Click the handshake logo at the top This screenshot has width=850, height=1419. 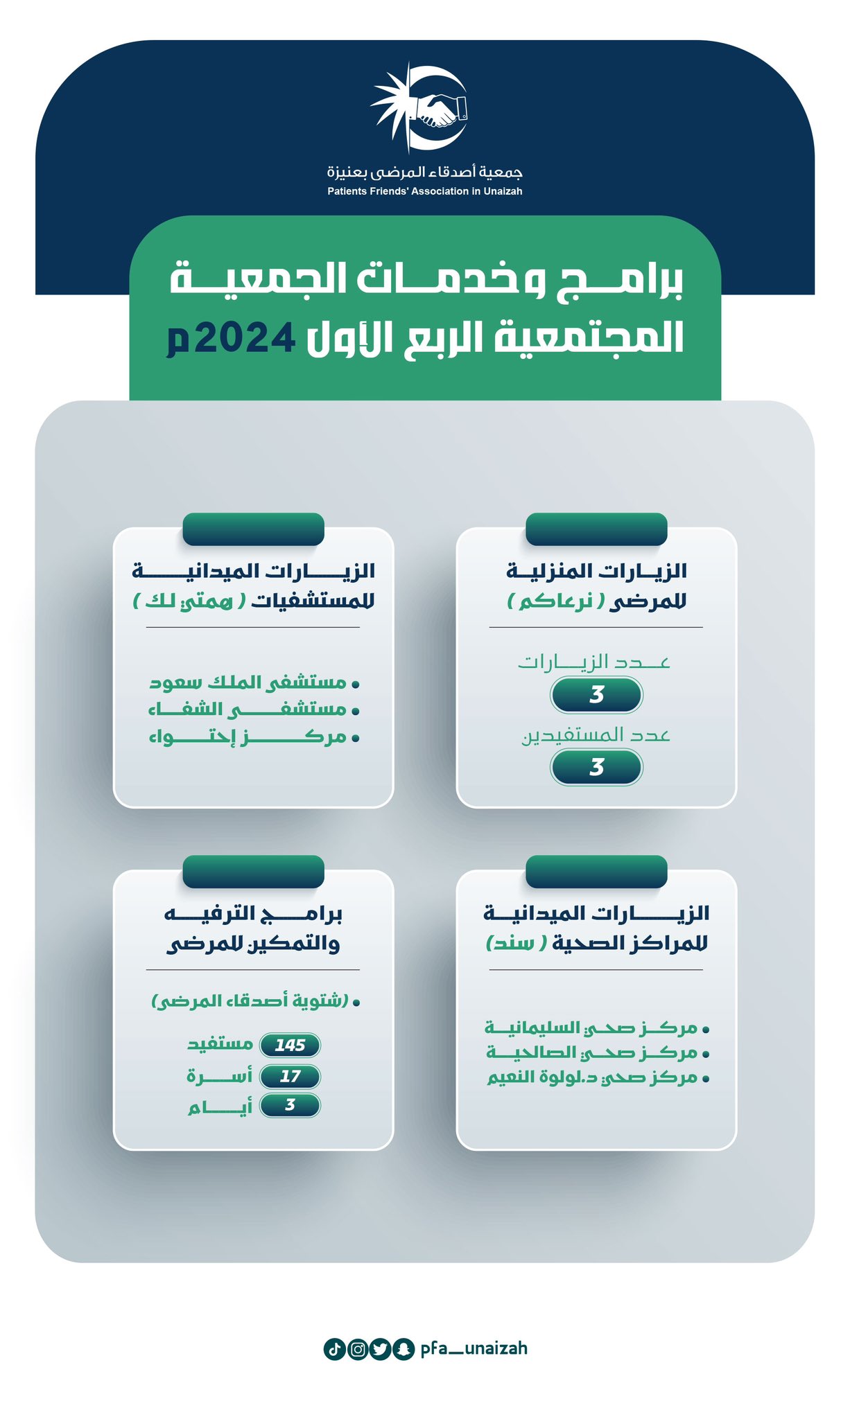click(x=419, y=107)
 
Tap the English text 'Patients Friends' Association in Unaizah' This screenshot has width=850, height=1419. click(x=425, y=191)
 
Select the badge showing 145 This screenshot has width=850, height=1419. click(x=290, y=1045)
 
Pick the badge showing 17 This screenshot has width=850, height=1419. click(x=290, y=1076)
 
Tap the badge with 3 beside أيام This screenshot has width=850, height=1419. click(x=290, y=1105)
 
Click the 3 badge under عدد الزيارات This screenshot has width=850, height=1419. click(x=596, y=695)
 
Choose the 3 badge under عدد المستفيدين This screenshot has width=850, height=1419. click(x=596, y=768)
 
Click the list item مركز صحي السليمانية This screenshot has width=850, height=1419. click(x=597, y=1028)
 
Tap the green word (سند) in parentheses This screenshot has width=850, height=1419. click(x=517, y=943)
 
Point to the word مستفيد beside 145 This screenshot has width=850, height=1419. click(x=220, y=1044)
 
